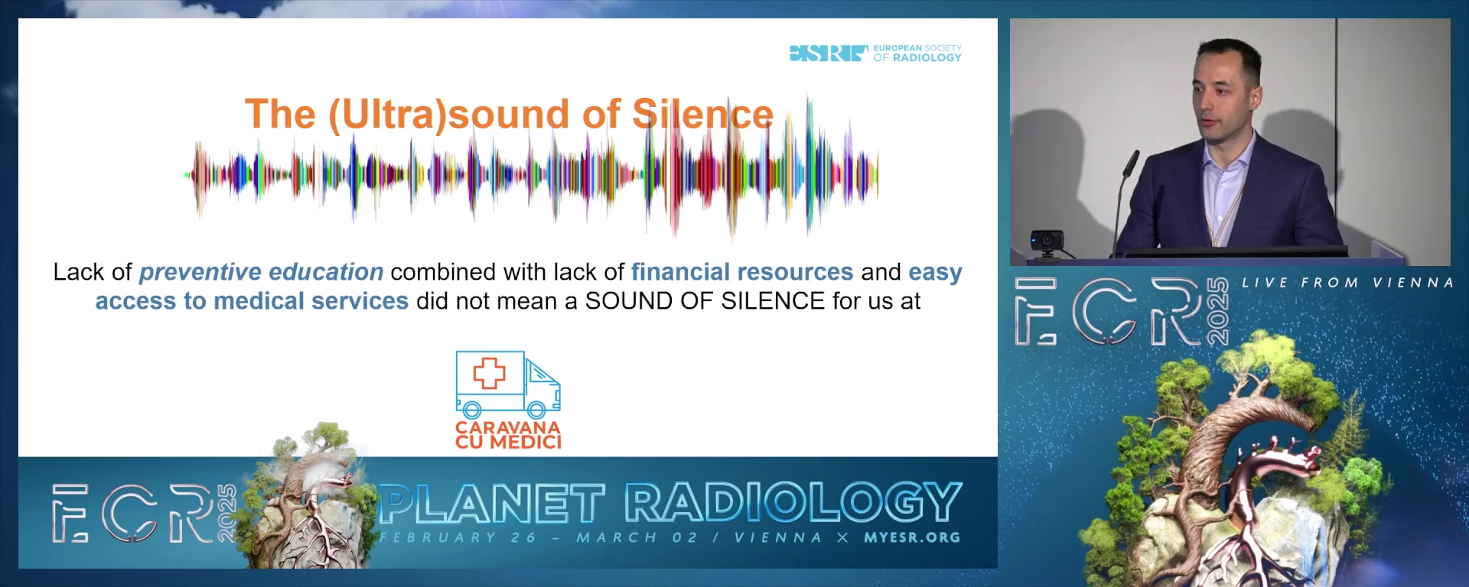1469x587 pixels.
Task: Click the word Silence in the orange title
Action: [x=703, y=115]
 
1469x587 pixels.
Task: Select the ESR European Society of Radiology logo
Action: [x=875, y=53]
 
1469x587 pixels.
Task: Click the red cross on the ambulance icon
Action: [x=489, y=373]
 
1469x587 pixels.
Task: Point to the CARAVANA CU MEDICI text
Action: [x=508, y=435]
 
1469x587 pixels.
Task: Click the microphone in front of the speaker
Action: [x=1129, y=164]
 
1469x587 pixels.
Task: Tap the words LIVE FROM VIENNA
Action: [x=1347, y=283]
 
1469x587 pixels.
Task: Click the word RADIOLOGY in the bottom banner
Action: [x=793, y=502]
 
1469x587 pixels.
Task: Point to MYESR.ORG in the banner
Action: [x=912, y=537]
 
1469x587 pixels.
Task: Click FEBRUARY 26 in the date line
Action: [x=458, y=537]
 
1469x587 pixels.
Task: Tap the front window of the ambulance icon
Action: [x=541, y=372]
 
